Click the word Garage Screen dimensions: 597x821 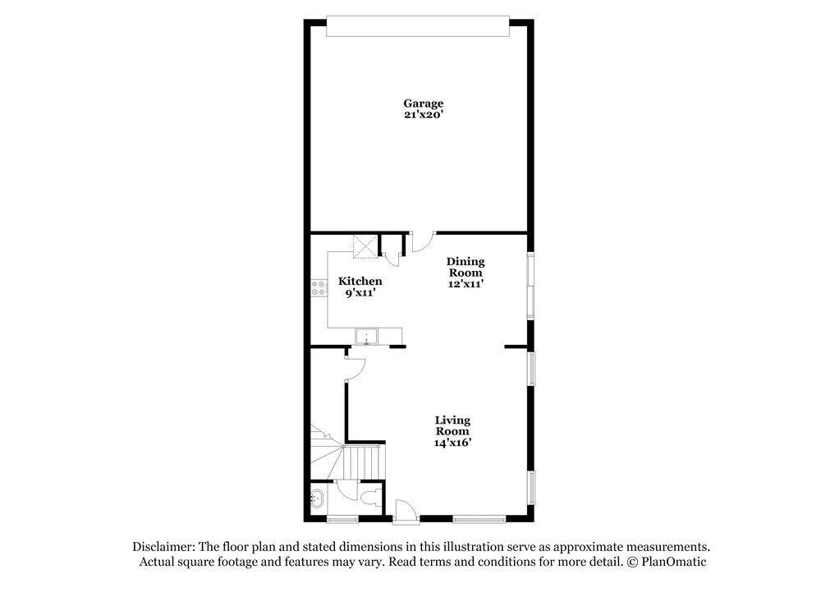(x=423, y=103)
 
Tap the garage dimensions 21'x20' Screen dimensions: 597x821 (x=423, y=115)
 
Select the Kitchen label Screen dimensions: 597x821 (x=360, y=281)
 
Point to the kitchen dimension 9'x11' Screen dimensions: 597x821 (x=360, y=292)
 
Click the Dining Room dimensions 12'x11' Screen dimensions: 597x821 (x=466, y=284)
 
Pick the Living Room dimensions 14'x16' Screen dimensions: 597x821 (x=452, y=443)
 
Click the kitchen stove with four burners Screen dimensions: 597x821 (x=318, y=288)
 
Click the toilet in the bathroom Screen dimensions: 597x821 (x=371, y=498)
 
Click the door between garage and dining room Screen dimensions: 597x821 (x=422, y=241)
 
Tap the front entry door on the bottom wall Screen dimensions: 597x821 (x=404, y=512)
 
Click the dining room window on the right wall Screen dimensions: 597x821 (x=531, y=285)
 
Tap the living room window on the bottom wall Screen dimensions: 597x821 (x=479, y=518)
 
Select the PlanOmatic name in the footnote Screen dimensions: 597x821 (x=673, y=562)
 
